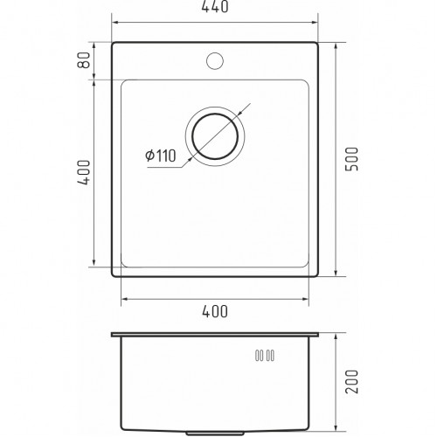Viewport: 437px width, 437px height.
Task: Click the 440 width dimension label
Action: tap(215, 7)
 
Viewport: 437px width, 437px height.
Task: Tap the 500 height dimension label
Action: tap(351, 159)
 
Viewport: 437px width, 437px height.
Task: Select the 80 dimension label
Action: tap(84, 60)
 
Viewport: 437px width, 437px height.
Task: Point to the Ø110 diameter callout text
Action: tap(161, 156)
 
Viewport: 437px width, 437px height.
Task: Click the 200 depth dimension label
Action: tap(351, 382)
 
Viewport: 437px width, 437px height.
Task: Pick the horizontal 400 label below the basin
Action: tap(215, 311)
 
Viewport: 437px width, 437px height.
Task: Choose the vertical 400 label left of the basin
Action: tap(84, 172)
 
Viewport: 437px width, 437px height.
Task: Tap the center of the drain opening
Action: tap(215, 136)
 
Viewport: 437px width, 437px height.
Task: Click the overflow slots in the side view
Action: tap(265, 356)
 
